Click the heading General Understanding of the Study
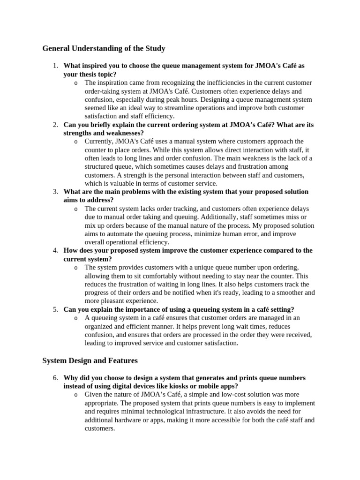point(104,48)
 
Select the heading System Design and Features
point(90,360)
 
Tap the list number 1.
point(55,66)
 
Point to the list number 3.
point(55,192)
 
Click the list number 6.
point(55,378)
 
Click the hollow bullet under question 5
point(76,318)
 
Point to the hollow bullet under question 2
point(76,142)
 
